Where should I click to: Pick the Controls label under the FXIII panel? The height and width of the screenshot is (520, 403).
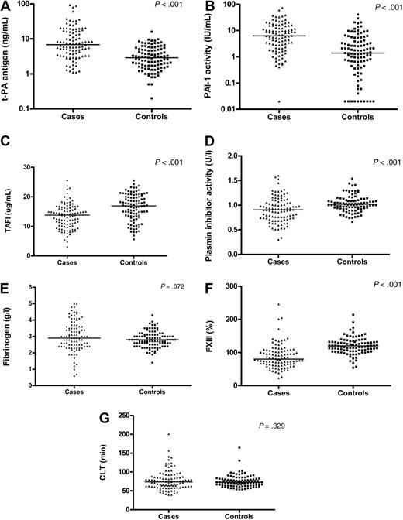click(347, 394)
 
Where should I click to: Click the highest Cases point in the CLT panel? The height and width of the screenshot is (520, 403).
click(167, 434)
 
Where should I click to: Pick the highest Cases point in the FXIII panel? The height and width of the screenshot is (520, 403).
click(279, 304)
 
